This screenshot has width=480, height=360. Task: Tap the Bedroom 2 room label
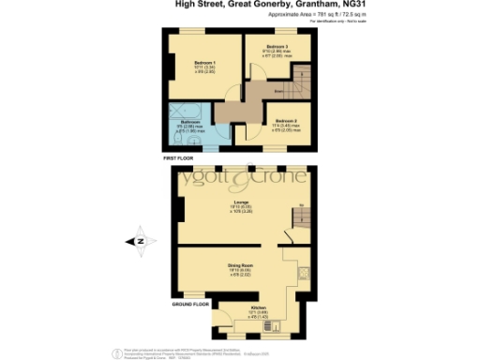click(x=287, y=121)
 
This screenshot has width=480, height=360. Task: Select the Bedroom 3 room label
click(x=277, y=47)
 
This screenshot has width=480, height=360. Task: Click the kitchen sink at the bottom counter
click(x=230, y=333)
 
